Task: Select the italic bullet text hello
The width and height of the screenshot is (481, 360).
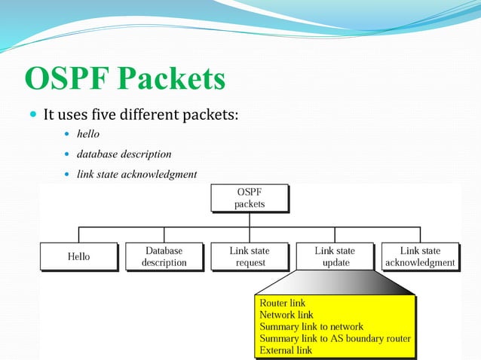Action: (89, 134)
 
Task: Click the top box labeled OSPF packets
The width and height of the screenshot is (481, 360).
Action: (250, 198)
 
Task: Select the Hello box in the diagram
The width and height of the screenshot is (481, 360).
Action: (78, 256)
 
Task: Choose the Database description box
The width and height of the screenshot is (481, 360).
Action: (164, 256)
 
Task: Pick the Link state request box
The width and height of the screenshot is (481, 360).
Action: (250, 256)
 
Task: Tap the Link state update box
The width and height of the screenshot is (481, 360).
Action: (335, 256)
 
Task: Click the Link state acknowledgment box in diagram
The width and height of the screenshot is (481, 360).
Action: (420, 256)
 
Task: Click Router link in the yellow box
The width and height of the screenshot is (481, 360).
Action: (282, 303)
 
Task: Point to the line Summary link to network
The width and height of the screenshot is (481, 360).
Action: (311, 327)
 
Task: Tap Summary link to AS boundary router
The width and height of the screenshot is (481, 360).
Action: (335, 338)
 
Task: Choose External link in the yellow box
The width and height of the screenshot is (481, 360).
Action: (285, 350)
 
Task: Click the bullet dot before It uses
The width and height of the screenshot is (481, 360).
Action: (32, 116)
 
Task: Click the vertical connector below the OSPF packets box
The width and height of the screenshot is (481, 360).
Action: (250, 220)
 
